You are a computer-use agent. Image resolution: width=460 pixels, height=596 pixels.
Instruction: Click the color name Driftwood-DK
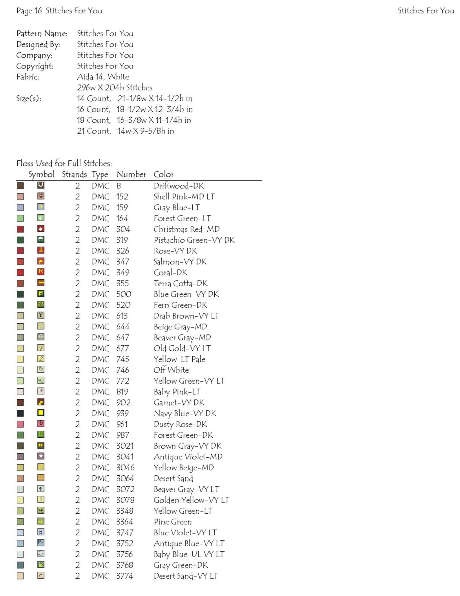point(179,186)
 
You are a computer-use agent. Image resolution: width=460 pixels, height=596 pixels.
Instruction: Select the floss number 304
point(123,229)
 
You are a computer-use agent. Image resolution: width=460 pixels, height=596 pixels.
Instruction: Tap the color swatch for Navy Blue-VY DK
point(20,413)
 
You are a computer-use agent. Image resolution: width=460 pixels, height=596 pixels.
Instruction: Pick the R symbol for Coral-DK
point(41,272)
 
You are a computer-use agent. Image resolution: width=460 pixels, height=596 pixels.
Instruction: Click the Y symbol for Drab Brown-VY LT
point(41,315)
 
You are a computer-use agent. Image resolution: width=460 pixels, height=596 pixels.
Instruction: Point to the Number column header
point(132,174)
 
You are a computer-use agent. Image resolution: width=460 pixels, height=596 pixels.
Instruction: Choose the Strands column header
point(74,174)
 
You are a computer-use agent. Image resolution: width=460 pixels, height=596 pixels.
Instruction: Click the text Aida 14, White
point(103,77)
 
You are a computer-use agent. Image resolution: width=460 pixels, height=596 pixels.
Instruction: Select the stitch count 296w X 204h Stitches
point(115,88)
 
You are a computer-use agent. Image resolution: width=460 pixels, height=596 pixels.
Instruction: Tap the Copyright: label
point(35,66)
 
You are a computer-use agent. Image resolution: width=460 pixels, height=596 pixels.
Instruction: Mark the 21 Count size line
point(125,131)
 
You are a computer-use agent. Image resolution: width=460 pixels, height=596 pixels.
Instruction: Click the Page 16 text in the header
point(29,11)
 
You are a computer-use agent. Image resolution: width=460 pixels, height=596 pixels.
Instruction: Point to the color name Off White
point(171,370)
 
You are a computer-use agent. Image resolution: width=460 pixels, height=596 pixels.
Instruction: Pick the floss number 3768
point(125,565)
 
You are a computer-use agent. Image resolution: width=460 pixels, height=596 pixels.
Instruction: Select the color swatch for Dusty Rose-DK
point(20,424)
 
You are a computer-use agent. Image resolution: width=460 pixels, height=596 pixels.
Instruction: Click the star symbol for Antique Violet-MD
point(41,456)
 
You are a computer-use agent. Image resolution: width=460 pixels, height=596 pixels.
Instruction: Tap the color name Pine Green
point(173,522)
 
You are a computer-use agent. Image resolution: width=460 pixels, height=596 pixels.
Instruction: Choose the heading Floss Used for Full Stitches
point(64,164)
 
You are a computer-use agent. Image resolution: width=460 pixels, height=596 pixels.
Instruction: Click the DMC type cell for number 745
point(101,359)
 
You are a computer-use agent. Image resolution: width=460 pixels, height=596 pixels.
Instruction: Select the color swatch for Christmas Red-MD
point(20,229)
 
